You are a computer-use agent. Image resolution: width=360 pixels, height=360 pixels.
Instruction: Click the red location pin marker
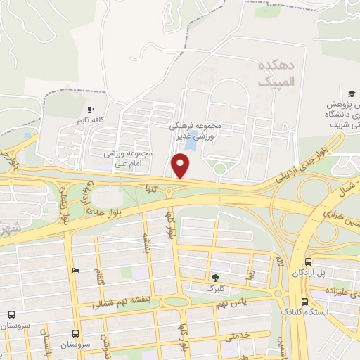click(181, 166)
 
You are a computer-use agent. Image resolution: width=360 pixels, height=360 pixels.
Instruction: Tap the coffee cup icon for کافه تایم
click(89, 110)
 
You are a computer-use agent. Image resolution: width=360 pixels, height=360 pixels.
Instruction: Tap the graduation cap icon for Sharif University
click(351, 94)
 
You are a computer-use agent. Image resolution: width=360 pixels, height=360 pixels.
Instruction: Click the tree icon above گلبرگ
click(214, 278)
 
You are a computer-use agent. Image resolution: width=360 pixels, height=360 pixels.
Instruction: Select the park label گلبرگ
click(214, 288)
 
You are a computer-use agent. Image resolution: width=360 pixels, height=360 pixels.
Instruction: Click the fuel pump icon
click(75, 270)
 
